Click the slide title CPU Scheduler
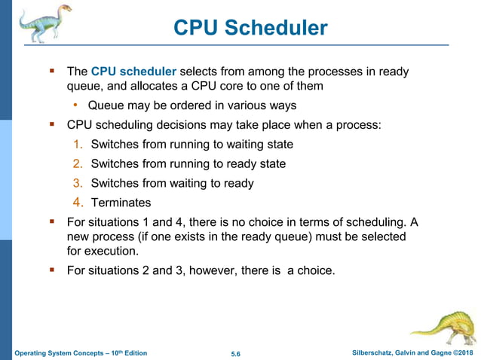(250, 29)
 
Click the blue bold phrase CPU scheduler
(133, 72)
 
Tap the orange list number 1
(78, 144)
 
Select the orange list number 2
(78, 163)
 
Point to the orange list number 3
(78, 183)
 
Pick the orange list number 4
(78, 203)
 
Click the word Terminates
(121, 203)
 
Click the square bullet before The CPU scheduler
(53, 71)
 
